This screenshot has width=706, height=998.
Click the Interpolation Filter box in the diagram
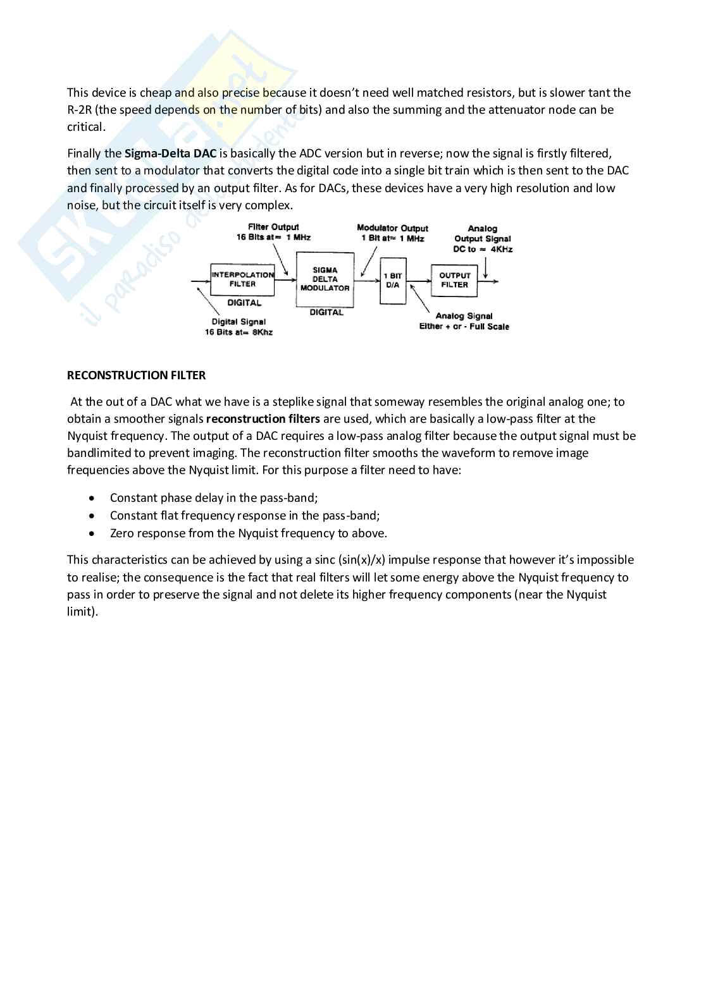click(242, 279)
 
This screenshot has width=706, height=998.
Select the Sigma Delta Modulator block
click(325, 279)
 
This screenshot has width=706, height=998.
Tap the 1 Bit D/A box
click(393, 280)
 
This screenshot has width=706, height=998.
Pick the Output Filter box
click(454, 280)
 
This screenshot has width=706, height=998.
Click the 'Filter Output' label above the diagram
click(273, 227)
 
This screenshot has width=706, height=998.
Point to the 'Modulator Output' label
click(392, 228)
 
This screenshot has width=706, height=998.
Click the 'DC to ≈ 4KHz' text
click(483, 249)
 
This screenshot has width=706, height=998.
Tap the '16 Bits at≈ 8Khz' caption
click(238, 332)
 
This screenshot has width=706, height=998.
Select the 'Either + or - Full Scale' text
click(464, 326)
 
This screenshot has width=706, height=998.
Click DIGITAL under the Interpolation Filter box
click(244, 303)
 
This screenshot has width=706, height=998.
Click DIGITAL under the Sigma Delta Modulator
click(326, 312)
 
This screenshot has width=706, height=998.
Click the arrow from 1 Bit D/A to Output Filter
click(418, 281)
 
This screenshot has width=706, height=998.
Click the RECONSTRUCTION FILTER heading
click(136, 375)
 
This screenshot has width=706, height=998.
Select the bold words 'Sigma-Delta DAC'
click(170, 154)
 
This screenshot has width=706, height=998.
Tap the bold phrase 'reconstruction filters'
click(263, 419)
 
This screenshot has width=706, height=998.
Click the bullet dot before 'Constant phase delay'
click(94, 498)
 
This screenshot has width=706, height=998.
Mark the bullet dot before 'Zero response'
click(94, 533)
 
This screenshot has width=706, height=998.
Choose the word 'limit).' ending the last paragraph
click(83, 612)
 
